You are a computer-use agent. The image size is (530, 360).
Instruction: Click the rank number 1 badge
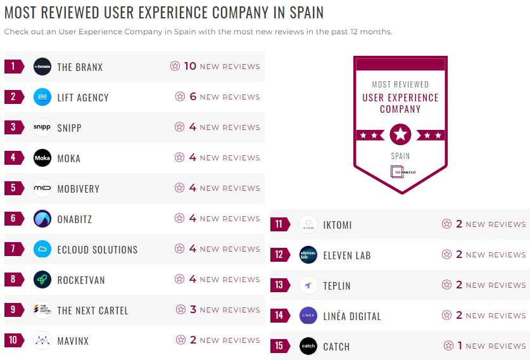coord(13,67)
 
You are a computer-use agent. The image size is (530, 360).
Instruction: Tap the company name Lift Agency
coord(83,98)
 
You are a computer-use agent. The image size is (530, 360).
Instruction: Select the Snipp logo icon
coord(42,127)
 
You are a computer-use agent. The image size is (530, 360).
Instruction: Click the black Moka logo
coord(42,158)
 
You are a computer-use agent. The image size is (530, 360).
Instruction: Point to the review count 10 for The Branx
coord(190,66)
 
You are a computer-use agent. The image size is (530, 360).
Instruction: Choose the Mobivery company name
coord(79,189)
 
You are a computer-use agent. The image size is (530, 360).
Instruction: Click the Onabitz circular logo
coord(42,219)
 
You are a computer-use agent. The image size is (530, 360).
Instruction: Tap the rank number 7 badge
coord(13,249)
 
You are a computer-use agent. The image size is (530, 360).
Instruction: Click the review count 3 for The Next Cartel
coord(194,309)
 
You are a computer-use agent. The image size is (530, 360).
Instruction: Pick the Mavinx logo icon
coord(42,340)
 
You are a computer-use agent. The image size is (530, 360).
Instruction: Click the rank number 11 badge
coord(279,224)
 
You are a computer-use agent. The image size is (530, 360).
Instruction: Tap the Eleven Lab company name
coord(346,255)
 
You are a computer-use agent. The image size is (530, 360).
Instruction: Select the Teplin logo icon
coord(308,285)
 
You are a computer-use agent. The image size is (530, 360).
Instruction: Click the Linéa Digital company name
coord(352,316)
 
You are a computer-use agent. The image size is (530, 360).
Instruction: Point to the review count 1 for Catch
coord(460,345)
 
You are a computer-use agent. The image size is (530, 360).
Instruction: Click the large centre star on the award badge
coord(400,134)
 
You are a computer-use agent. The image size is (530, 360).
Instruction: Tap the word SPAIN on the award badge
coord(400,156)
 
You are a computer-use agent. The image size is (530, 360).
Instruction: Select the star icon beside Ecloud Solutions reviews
coord(179,249)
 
